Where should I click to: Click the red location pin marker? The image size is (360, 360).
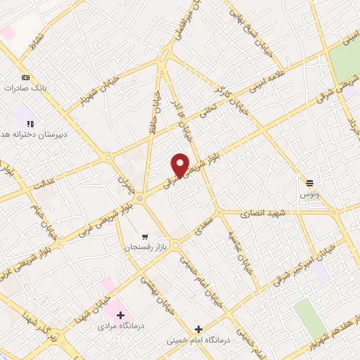tap(181, 165)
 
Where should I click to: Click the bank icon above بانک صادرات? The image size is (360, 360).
tap(26, 77)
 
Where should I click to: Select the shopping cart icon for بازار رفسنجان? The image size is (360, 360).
tap(145, 237)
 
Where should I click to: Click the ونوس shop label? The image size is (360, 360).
tap(309, 193)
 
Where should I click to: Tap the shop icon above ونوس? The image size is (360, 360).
tap(309, 182)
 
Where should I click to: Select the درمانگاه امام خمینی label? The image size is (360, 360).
tap(198, 340)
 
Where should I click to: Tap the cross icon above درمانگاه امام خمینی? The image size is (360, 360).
tap(198, 328)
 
